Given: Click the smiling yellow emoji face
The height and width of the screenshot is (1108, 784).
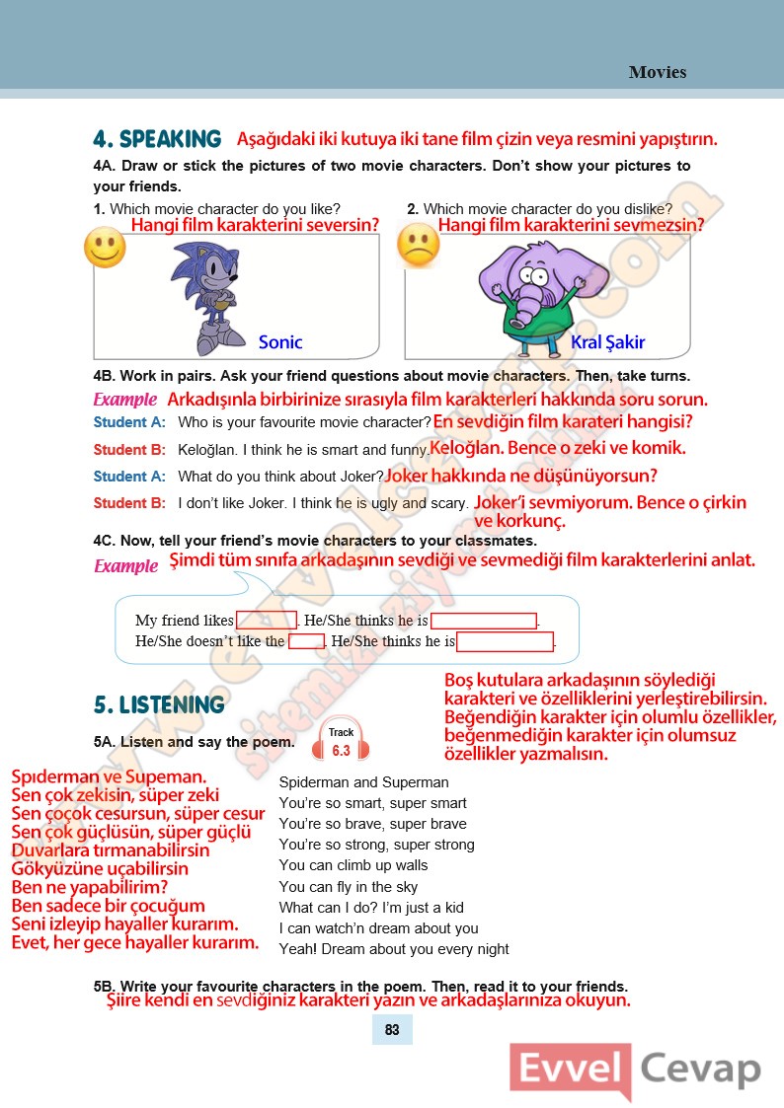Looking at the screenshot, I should [x=105, y=247].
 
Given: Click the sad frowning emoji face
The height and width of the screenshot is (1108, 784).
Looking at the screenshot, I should [x=418, y=246].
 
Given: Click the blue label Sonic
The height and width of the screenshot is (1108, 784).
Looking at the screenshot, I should [x=280, y=342].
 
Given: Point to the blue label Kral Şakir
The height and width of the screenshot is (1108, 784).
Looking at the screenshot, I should [x=607, y=342].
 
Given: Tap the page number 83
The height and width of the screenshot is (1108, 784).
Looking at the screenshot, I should [x=392, y=1030].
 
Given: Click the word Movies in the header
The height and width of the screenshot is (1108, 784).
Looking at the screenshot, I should [x=657, y=72].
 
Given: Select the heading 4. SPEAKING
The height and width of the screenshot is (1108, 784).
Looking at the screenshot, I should [x=157, y=139].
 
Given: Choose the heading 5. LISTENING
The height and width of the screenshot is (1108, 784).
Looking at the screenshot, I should [x=159, y=704].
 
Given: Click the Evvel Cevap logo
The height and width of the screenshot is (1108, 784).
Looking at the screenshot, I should [x=637, y=1071].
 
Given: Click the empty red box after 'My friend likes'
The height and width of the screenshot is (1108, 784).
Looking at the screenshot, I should [x=267, y=621].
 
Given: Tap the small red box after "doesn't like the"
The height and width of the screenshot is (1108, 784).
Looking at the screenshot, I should [x=306, y=641].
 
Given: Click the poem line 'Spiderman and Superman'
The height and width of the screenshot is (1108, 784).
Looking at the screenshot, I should [x=363, y=782].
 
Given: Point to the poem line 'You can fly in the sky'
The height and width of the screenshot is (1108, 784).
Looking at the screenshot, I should [x=349, y=887].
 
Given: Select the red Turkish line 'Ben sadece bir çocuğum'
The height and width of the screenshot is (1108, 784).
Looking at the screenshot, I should [x=108, y=906].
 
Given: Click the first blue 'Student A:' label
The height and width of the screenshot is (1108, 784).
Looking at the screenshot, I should [x=129, y=422].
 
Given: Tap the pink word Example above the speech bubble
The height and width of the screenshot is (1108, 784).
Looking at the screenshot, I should [x=125, y=566].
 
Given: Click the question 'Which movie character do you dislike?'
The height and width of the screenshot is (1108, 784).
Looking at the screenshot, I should [x=547, y=209].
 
